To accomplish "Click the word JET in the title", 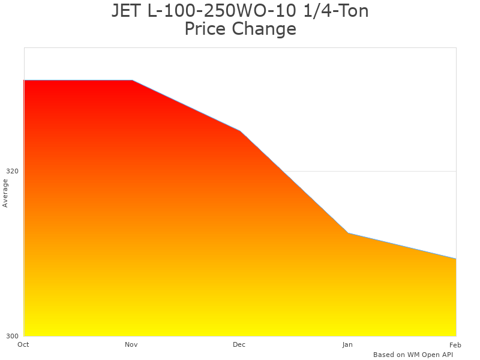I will point(126,11).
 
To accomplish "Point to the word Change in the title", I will point(265,29).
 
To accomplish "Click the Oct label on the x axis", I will point(23,344).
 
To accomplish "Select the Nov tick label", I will point(131,344).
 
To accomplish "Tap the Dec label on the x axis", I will point(239,344).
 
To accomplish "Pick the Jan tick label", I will point(347,344).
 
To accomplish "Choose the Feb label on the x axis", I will point(455,344).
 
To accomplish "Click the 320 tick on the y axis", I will point(13,171).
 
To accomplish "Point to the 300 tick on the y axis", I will point(13,336).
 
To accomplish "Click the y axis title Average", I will point(5,193).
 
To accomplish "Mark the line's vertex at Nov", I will point(132,80).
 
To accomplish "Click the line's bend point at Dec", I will point(240,131).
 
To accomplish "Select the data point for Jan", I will point(348,233).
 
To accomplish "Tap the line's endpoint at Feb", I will point(455,259).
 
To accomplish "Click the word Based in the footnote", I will point(383,355).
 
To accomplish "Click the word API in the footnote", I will point(446,355).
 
